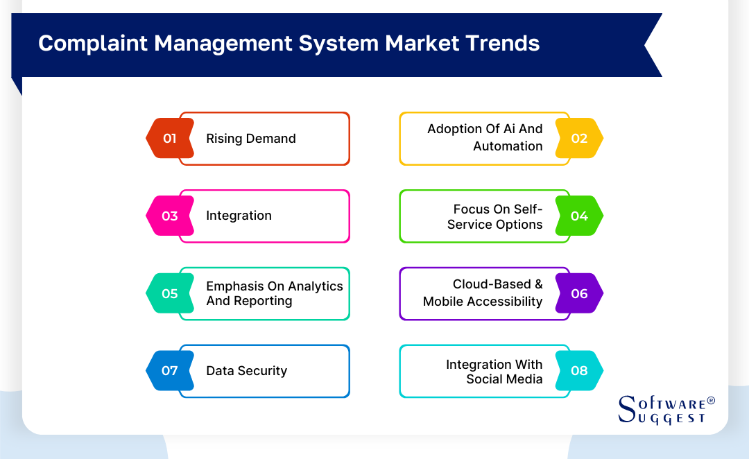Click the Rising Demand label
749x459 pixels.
click(251, 139)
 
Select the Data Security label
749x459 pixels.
click(246, 371)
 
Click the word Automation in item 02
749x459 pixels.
click(508, 146)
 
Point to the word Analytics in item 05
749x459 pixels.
click(316, 286)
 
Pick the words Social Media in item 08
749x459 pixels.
click(504, 379)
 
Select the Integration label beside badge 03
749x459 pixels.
click(239, 216)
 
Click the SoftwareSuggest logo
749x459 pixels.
click(662, 410)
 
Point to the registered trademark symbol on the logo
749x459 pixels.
click(710, 401)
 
